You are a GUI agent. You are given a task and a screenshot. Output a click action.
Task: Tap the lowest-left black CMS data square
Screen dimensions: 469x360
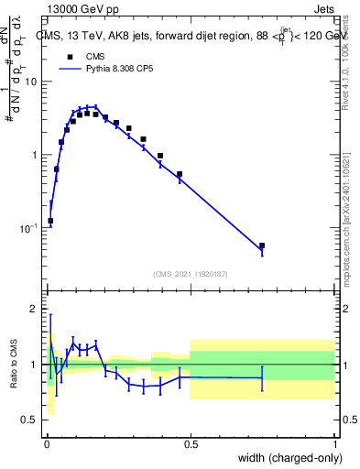click(50, 221)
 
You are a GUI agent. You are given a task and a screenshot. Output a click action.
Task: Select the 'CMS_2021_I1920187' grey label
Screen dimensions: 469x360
click(190, 273)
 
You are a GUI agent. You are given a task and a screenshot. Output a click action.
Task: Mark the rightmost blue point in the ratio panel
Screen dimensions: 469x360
click(262, 377)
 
